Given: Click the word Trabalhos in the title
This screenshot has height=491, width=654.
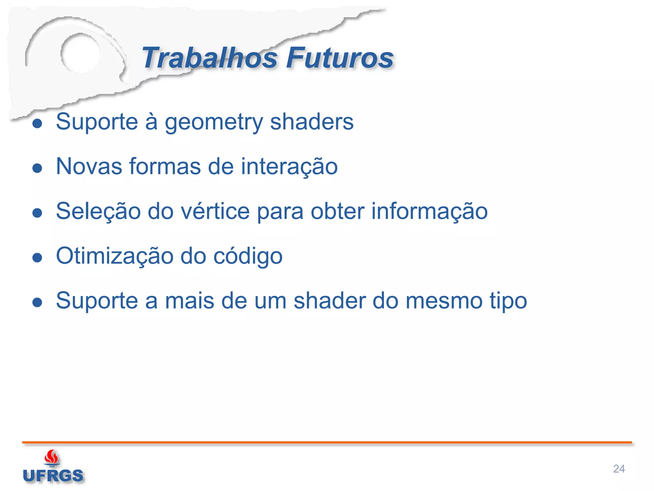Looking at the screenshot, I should tap(209, 58).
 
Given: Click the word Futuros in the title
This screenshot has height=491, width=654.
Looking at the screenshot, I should tap(339, 58).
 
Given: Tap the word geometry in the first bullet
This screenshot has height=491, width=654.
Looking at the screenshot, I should tap(214, 122).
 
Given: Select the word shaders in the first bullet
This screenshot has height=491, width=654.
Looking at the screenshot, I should tap(312, 122).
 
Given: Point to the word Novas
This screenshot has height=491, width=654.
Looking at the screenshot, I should tap(89, 167).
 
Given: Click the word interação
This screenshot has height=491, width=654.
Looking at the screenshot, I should tap(289, 167).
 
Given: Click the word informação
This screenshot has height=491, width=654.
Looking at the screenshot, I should tap(430, 211).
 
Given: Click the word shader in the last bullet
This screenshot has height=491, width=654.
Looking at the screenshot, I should tap(330, 301).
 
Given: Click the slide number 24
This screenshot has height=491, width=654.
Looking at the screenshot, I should tap(619, 469).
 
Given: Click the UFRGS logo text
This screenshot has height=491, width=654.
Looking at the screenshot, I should tap(53, 476).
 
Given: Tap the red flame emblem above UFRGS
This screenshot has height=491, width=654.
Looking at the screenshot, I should tap(51, 457).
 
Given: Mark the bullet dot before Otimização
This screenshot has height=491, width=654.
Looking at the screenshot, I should tap(37, 257).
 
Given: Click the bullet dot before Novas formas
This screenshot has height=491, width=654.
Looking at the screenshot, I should tap(37, 168).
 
